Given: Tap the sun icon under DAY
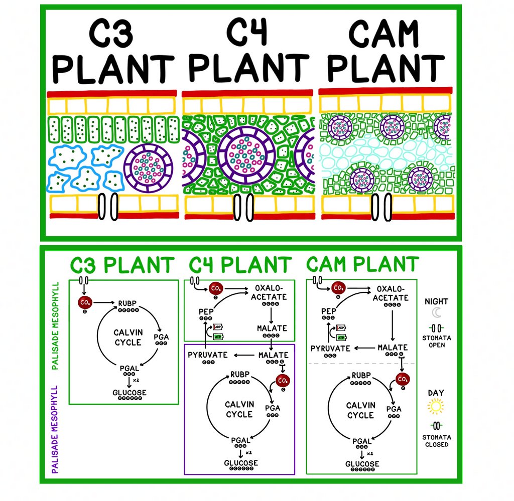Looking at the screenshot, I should tap(436, 405).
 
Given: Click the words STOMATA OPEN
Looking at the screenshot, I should tap(437, 342).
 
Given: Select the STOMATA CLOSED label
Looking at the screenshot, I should tap(437, 441).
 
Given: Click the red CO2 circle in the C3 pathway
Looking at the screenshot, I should tap(84, 302).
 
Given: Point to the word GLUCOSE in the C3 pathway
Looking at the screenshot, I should tap(130, 393).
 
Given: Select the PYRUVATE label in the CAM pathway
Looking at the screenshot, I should tap(330, 348).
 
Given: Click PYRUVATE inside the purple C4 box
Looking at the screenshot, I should tap(207, 355).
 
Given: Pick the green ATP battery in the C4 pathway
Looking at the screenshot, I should tap(219, 337).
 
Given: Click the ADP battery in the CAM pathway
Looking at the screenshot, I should tap(341, 327).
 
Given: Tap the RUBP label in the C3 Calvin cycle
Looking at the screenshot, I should tap(128, 303).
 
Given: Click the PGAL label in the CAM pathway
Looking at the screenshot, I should tap(362, 441).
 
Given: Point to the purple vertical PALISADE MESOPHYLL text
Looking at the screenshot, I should tap(56, 429).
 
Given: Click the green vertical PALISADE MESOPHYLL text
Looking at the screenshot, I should tap(56, 325).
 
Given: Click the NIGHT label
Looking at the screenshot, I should tap(436, 301).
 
